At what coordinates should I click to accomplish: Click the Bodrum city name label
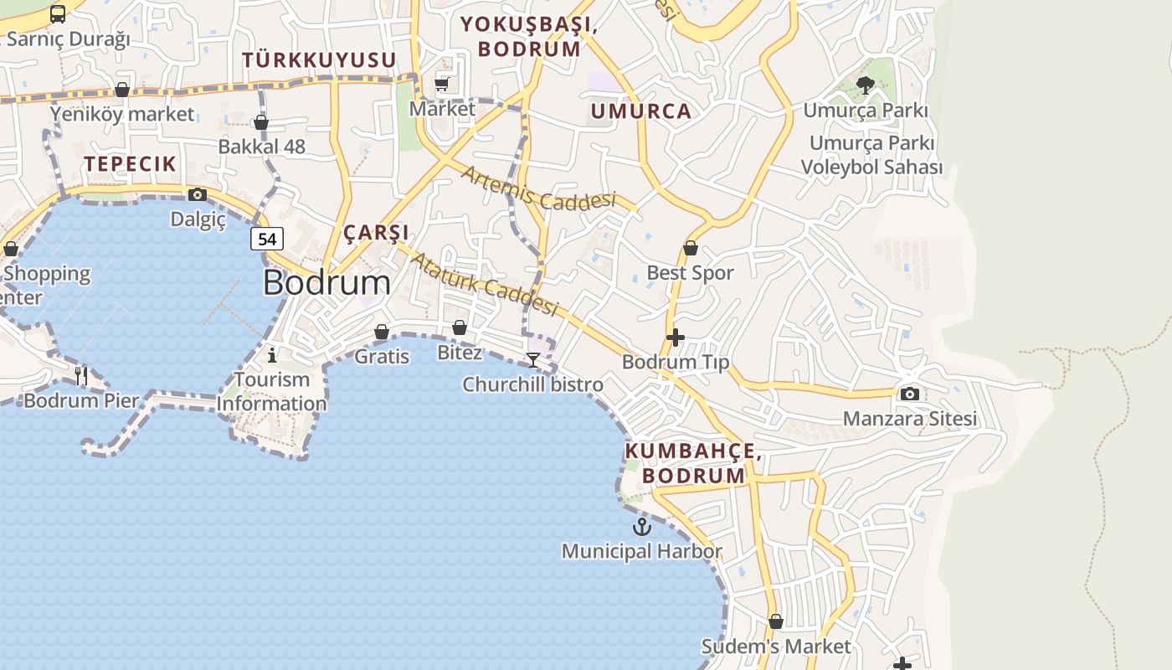tap(326, 283)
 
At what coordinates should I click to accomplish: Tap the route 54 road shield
tap(267, 239)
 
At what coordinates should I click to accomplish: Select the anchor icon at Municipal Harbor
tap(641, 527)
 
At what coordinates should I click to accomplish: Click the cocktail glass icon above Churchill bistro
tap(532, 360)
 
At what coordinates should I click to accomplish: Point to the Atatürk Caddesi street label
tap(484, 285)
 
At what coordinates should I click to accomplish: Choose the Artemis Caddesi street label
tap(537, 188)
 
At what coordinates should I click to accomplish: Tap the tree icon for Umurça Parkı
tap(866, 85)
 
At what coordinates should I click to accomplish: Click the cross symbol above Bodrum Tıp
tap(675, 338)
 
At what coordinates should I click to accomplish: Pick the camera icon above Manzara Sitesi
tap(909, 394)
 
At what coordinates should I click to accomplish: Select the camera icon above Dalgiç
tap(198, 195)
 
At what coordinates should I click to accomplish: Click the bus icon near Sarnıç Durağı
tap(58, 14)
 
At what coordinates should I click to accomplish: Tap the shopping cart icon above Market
tap(442, 84)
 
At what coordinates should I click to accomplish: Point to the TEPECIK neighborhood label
tap(130, 164)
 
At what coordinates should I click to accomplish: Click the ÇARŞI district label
tap(376, 232)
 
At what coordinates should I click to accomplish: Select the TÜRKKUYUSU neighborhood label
tap(319, 60)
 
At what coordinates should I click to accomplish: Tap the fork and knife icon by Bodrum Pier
tap(81, 375)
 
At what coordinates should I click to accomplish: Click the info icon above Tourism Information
tap(271, 355)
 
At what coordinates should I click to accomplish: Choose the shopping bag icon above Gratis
tap(382, 332)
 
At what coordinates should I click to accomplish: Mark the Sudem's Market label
tap(775, 647)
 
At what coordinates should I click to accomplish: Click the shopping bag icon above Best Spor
tap(691, 248)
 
